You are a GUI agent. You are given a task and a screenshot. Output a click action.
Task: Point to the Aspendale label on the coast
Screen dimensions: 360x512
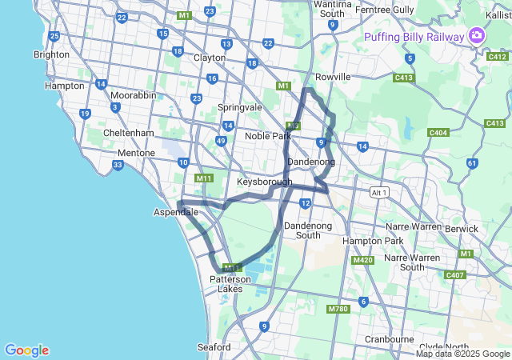(175, 212)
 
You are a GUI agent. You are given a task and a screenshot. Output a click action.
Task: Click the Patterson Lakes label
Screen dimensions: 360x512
(230, 284)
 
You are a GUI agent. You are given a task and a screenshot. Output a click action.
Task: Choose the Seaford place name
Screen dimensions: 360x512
(214, 347)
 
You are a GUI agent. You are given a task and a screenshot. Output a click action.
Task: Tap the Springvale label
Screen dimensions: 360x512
(240, 106)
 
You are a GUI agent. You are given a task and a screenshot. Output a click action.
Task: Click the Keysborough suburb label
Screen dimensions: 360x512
(264, 182)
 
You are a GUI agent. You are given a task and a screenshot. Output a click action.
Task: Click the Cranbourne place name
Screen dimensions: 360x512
(388, 338)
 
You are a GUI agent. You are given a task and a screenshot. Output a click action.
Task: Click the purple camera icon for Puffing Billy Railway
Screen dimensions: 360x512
(477, 35)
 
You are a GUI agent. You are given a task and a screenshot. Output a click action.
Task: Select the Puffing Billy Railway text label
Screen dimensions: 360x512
(414, 37)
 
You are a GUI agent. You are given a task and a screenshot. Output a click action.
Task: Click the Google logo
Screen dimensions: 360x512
(26, 350)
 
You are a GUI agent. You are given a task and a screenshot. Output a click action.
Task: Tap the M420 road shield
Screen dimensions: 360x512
(362, 260)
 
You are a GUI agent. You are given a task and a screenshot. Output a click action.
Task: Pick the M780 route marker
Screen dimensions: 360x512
(338, 309)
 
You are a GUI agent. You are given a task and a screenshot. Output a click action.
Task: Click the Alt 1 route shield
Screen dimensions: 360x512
(378, 193)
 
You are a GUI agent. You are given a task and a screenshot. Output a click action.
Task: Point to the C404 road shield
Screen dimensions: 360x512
(438, 133)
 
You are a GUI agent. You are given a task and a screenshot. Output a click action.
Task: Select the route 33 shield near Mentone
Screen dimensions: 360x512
(118, 166)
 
